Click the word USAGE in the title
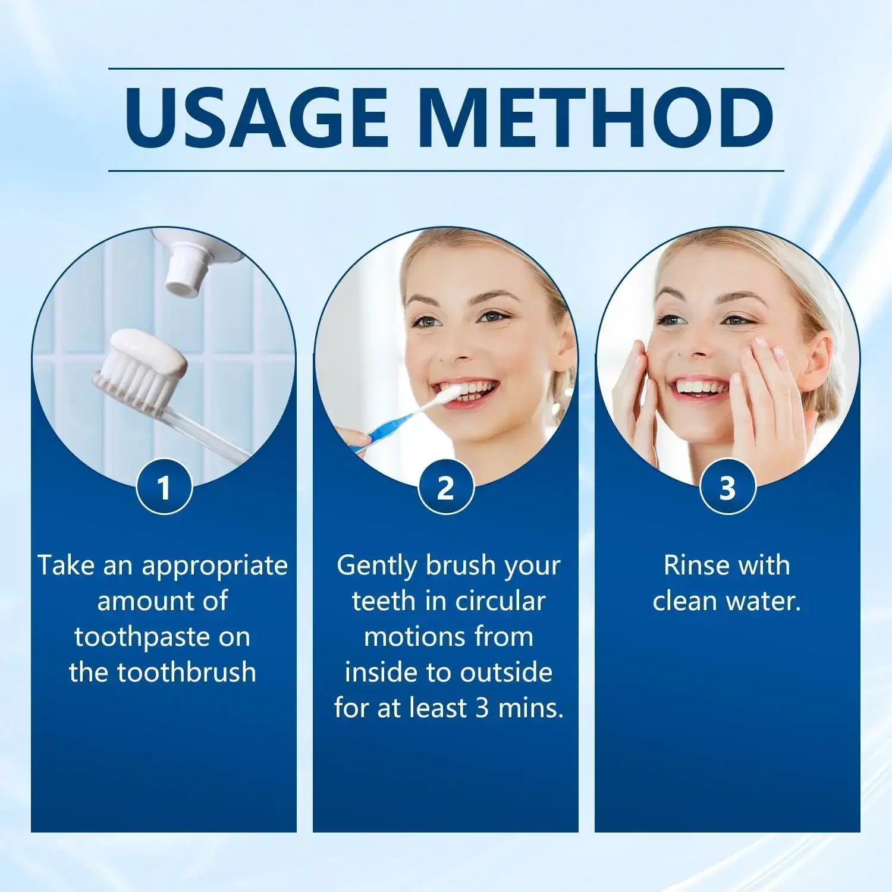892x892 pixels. coord(256,119)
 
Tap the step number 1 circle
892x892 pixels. coord(164,488)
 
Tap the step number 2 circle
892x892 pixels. coord(445,488)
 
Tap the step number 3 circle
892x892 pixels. coord(727,488)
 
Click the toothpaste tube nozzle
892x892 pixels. coord(186,274)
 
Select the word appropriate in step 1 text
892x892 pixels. coord(215,566)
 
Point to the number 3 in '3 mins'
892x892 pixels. coord(482,708)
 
